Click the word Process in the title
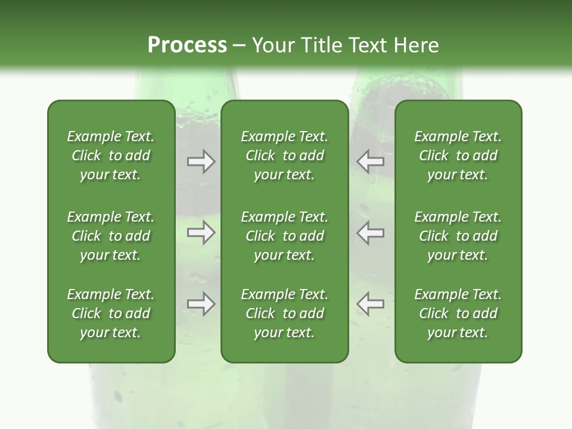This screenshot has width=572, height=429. (x=187, y=45)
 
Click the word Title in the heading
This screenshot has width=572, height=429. (x=323, y=45)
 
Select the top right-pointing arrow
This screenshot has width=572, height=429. (x=201, y=161)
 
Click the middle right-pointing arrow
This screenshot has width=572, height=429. (x=201, y=232)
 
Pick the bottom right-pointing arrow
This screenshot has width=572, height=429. (x=201, y=304)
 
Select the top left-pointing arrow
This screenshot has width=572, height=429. (x=370, y=161)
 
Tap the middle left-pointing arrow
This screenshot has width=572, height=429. (x=370, y=232)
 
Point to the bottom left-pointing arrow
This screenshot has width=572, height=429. (x=370, y=304)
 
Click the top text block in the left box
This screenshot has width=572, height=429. (x=111, y=156)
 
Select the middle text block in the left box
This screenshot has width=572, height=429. (x=111, y=236)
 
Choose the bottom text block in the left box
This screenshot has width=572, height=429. (x=111, y=313)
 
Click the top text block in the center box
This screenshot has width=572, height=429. (x=284, y=156)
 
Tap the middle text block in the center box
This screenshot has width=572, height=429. (x=284, y=236)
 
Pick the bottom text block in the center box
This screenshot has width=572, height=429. (x=284, y=313)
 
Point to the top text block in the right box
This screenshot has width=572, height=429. (x=458, y=156)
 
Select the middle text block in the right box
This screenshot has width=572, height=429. (x=458, y=236)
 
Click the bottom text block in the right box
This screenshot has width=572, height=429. (x=458, y=313)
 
